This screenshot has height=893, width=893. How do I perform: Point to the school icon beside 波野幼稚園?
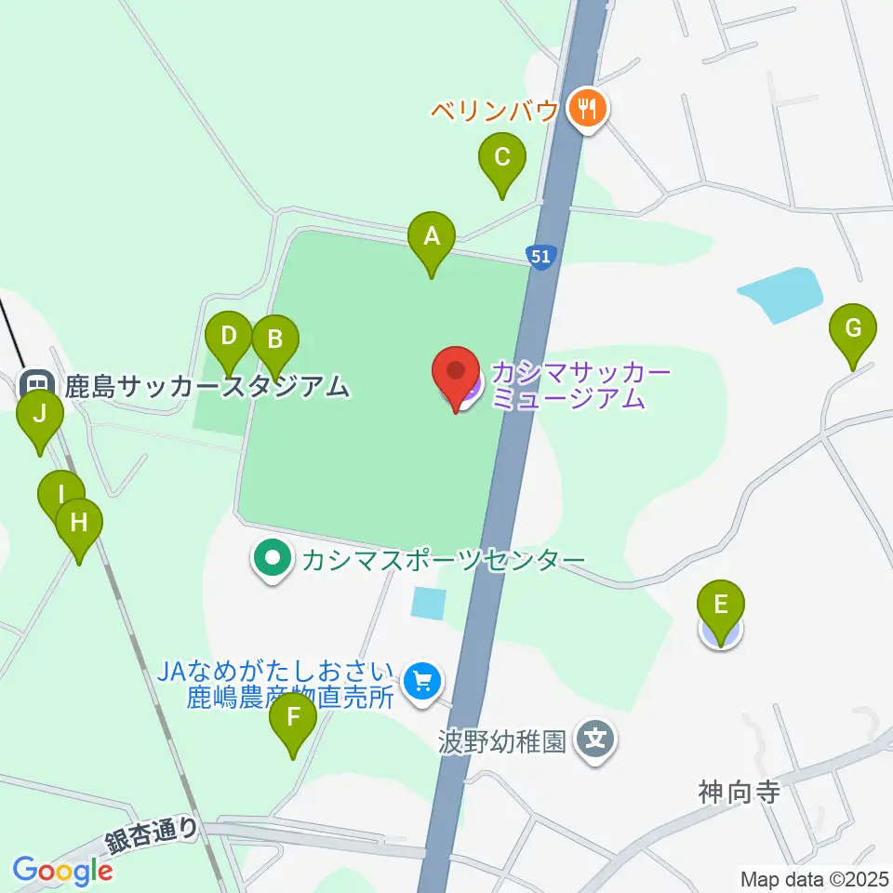click(x=594, y=740)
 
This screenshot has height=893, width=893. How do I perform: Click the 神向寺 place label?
click(x=738, y=793)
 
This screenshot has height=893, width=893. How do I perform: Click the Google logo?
click(x=62, y=871)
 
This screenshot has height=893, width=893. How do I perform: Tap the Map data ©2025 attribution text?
click(x=814, y=878)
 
